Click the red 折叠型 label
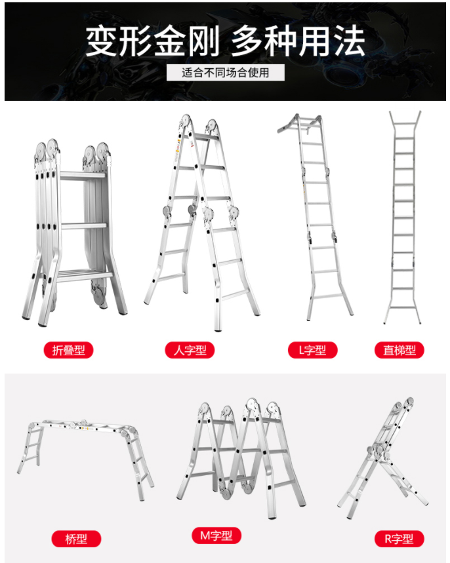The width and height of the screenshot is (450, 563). [x=68, y=350]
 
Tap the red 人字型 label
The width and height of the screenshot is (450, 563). [x=190, y=350]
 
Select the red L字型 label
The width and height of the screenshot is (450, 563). [x=313, y=350]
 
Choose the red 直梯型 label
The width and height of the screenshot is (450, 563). [x=399, y=350]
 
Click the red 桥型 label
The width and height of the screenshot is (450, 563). [x=76, y=539]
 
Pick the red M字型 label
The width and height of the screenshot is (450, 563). [x=216, y=535]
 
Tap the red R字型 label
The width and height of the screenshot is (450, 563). [x=399, y=539]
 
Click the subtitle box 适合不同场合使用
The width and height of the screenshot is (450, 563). [x=226, y=73]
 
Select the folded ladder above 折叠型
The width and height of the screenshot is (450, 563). [x=74, y=233]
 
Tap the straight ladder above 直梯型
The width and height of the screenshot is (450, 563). [x=403, y=218]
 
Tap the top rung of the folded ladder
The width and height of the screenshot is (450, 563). [x=83, y=176]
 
